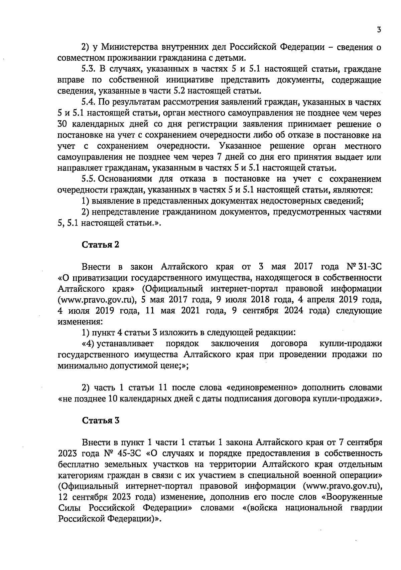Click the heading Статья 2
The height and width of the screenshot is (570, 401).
tap(101, 245)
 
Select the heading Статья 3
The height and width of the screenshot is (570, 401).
tap(101, 420)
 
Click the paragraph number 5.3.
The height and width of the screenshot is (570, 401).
tap(89, 69)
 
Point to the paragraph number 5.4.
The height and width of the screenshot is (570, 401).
tap(89, 102)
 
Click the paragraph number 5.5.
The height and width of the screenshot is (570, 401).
tap(89, 179)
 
